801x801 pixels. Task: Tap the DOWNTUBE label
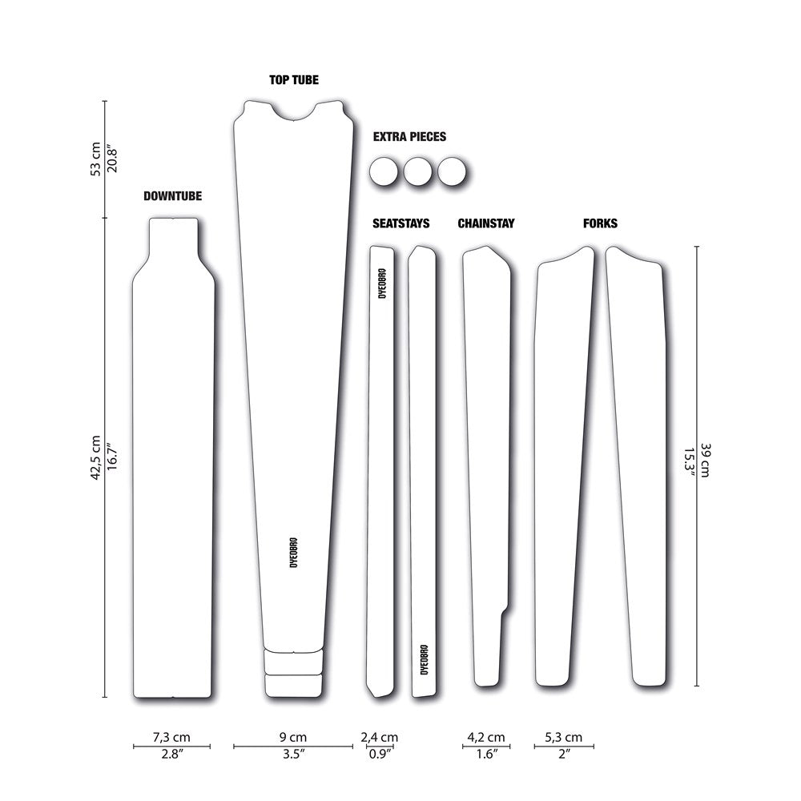[x=172, y=195]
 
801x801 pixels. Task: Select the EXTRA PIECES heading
[x=409, y=137]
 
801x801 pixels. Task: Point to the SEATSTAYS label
[x=401, y=223]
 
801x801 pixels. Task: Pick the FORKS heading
[x=601, y=223]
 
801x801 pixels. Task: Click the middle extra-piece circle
[x=417, y=171]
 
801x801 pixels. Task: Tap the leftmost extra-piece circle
[x=384, y=171]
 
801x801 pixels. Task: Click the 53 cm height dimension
[x=96, y=158]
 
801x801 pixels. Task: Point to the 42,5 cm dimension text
[x=96, y=457]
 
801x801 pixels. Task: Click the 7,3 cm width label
[x=171, y=737]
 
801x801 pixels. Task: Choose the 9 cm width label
[x=292, y=737]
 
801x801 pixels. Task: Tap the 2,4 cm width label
[x=379, y=737]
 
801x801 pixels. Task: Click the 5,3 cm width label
[x=563, y=737]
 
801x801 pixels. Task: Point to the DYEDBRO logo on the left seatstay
[x=382, y=282]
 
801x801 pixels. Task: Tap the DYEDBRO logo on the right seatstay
[x=424, y=659]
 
